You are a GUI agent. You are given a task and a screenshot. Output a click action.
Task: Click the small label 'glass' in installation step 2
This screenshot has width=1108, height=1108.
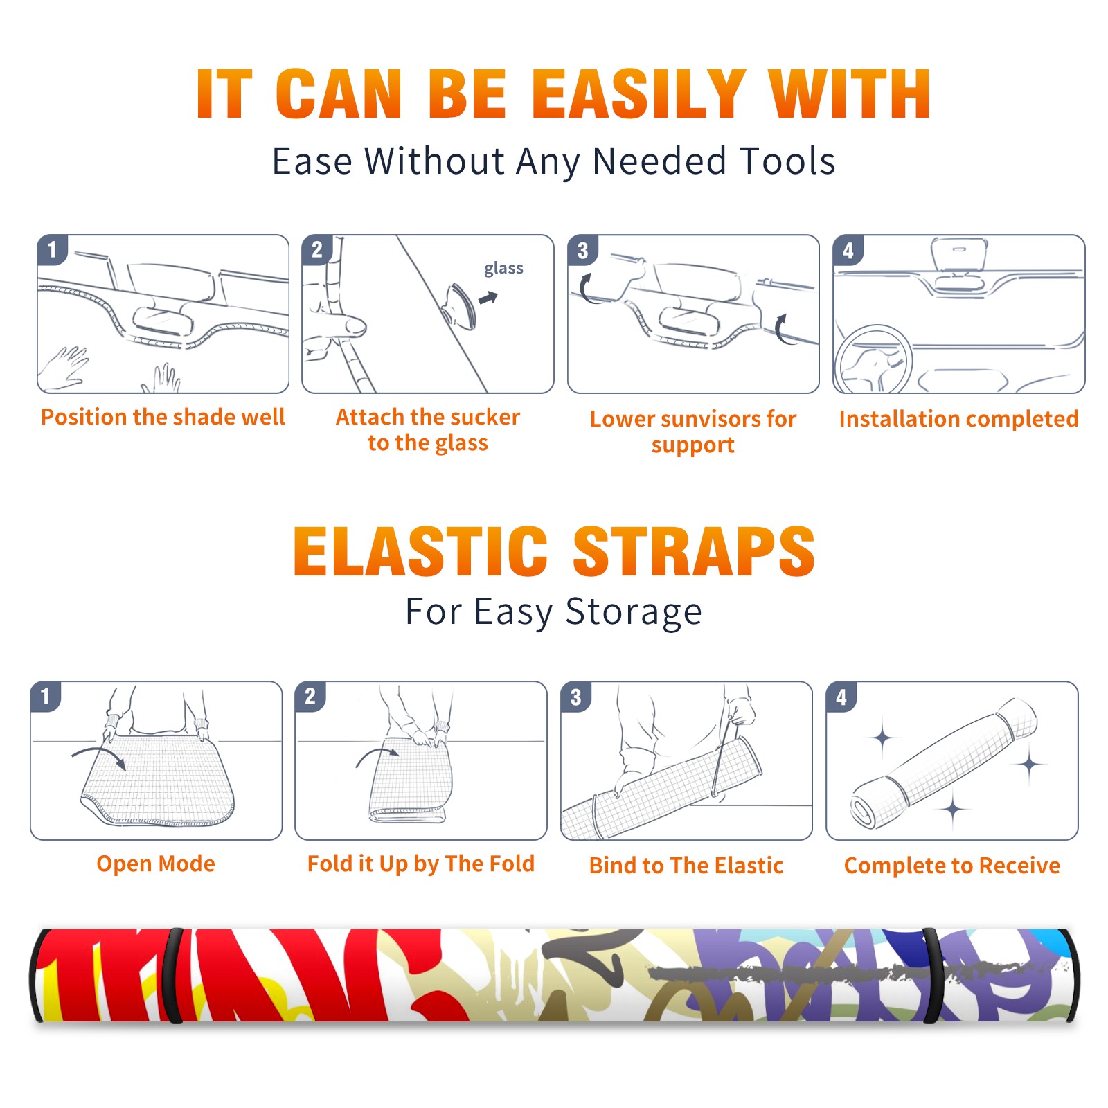(x=503, y=269)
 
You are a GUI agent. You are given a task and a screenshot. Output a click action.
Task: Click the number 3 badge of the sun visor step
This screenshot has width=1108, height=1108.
(x=582, y=250)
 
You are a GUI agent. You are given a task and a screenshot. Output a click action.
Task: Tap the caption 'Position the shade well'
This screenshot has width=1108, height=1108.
(x=163, y=417)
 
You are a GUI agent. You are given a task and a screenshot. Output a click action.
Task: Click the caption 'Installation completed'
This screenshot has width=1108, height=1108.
(x=958, y=419)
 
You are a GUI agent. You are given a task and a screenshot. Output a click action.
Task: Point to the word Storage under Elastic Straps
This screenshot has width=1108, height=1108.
(x=634, y=612)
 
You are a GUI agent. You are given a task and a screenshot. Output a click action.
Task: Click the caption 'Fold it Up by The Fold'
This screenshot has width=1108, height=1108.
(x=421, y=864)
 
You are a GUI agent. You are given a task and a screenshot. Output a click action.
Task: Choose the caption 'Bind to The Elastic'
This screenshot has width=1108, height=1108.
(x=686, y=866)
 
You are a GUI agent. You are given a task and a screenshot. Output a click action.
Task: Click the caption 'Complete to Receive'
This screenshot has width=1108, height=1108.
(x=952, y=866)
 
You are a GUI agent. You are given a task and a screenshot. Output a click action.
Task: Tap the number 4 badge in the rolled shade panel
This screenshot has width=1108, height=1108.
(x=841, y=697)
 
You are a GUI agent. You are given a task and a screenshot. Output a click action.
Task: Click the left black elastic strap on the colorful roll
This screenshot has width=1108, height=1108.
(x=175, y=975)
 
